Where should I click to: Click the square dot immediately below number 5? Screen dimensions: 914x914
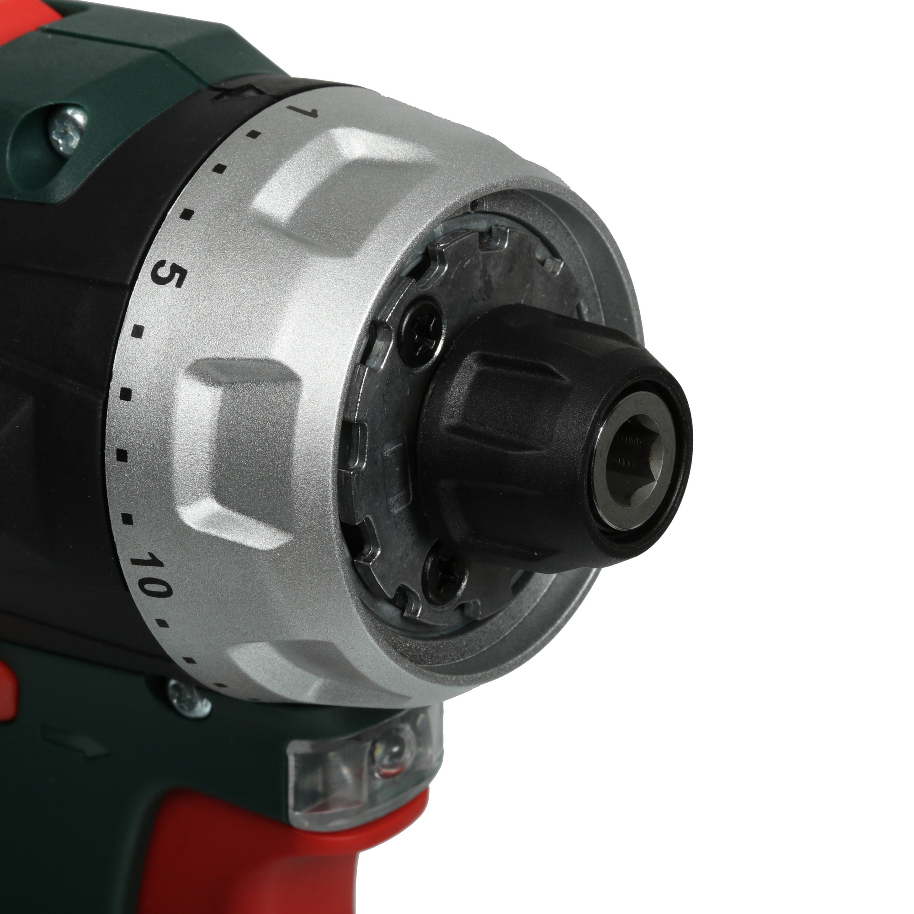[138, 330]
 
